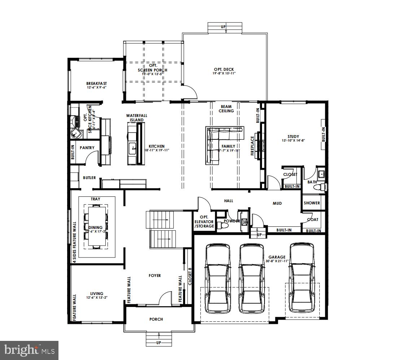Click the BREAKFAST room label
[x=96, y=83]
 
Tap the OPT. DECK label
[x=224, y=69]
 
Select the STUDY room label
[x=293, y=136]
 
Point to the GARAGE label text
[x=277, y=257]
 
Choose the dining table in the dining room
[x=96, y=227]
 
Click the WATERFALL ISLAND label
[x=137, y=118]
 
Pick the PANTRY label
[x=87, y=148]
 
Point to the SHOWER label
[x=312, y=203]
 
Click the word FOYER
[x=155, y=276]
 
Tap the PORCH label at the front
[x=156, y=319]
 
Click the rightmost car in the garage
[x=302, y=278]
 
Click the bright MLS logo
[x=30, y=350]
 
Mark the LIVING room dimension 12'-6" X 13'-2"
[x=97, y=298]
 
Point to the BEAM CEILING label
[x=226, y=109]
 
